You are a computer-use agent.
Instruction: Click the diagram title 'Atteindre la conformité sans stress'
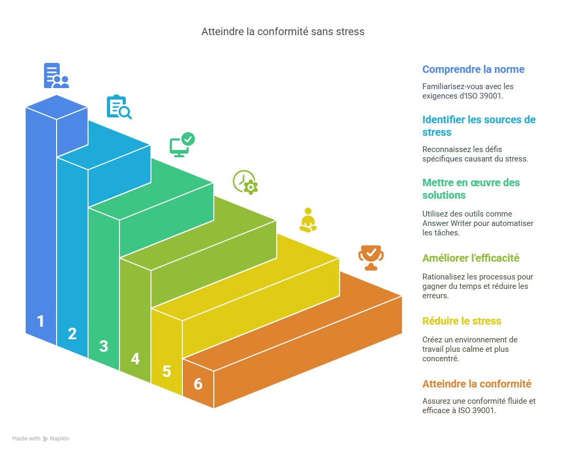282,31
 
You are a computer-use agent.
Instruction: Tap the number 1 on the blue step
41,321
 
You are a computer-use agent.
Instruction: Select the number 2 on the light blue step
72,334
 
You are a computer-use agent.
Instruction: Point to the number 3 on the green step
104,347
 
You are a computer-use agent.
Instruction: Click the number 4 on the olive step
135,359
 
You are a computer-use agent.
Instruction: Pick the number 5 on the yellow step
167,372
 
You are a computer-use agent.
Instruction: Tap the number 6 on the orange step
198,384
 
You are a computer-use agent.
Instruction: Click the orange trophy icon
371,257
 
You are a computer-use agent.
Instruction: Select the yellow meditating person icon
308,220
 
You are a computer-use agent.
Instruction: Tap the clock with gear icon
245,182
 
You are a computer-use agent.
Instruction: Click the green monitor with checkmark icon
182,144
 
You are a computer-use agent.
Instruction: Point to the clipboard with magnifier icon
119,107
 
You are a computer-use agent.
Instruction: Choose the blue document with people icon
56,75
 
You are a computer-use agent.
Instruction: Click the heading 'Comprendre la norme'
473,69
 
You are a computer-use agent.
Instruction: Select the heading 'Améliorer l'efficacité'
471,258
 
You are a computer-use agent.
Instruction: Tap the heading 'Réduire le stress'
462,321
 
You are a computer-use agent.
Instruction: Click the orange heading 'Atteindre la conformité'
477,384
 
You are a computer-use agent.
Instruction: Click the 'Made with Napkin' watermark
41,438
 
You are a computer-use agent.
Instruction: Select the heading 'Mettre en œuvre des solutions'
471,189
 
